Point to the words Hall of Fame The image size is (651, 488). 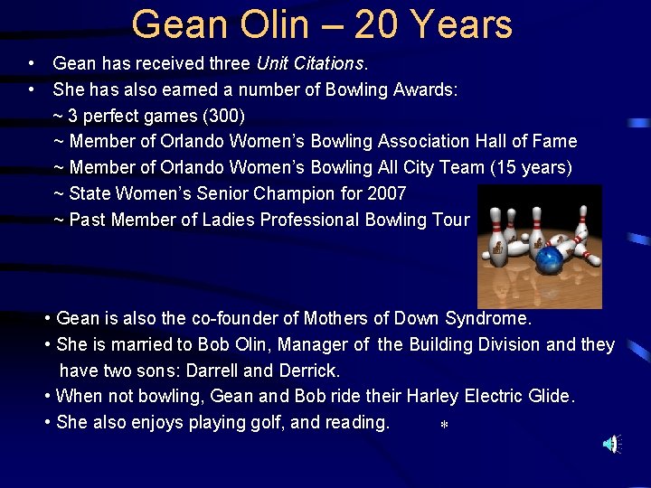(x=531, y=141)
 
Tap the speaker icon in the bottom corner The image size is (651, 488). (x=612, y=444)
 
